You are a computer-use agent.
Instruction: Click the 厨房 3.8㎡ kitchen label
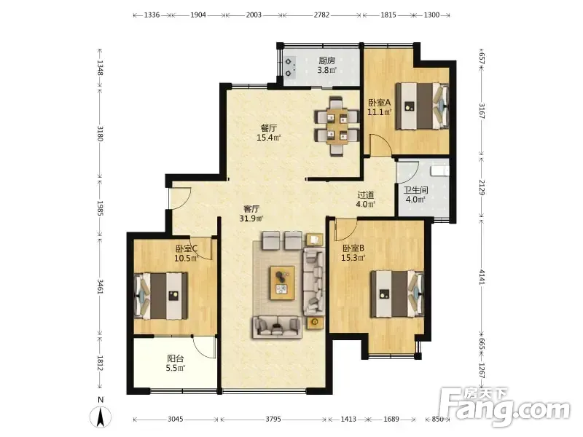tap(326, 65)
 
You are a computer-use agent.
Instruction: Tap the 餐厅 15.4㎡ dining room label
tap(268, 133)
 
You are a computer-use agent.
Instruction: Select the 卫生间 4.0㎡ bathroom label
tap(415, 194)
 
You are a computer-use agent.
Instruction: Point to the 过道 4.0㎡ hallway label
tap(366, 199)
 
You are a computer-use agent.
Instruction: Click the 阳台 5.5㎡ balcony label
tap(175, 363)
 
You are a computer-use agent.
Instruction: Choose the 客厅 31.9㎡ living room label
tap(251, 213)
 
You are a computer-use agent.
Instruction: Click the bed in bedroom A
tap(422, 106)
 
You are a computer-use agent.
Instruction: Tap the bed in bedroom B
tap(397, 294)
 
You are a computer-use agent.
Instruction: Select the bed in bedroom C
tap(160, 296)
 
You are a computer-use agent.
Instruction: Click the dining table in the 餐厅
tap(337, 126)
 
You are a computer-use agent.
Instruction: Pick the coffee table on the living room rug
tap(282, 283)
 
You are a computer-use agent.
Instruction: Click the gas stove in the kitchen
tap(290, 67)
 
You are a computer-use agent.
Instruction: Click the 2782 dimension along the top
tap(321, 15)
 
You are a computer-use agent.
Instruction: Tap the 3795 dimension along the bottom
tap(273, 420)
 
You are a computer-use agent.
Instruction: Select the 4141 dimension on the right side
tap(482, 277)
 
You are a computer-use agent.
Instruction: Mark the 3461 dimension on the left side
tap(100, 286)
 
